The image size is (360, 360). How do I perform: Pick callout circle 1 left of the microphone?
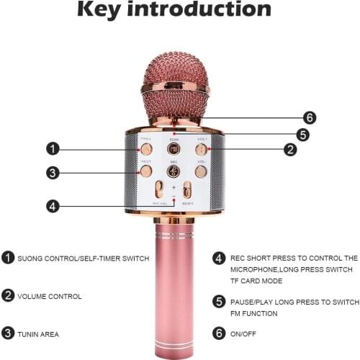click(x=51, y=149)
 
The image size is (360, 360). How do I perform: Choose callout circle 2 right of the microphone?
click(x=289, y=150)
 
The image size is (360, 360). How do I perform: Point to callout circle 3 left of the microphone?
click(x=51, y=172)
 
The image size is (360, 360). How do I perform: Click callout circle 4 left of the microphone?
click(x=51, y=205)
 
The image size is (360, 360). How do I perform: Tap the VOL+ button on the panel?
click(x=201, y=149)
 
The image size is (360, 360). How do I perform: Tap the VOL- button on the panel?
click(x=201, y=171)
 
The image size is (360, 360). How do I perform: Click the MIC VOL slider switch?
click(x=160, y=191)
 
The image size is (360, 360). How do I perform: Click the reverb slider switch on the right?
click(x=186, y=191)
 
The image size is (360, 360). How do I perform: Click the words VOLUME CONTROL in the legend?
click(x=50, y=295)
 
